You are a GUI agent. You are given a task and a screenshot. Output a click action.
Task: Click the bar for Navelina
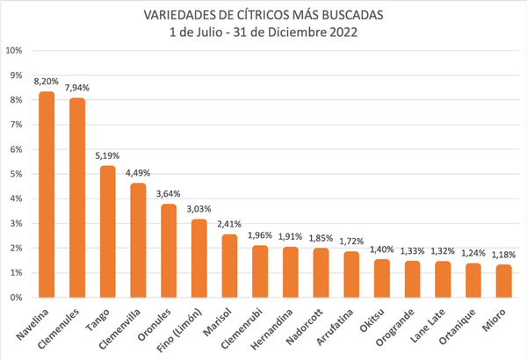tap(47, 195)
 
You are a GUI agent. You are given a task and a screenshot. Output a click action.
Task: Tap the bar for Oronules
tap(169, 251)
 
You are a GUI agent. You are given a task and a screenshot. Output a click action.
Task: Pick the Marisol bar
tap(229, 266)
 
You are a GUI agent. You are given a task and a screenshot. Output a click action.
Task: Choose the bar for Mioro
tap(503, 281)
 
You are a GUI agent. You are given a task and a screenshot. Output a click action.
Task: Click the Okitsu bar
tap(381, 278)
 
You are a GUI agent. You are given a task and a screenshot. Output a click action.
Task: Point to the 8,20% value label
tap(47, 81)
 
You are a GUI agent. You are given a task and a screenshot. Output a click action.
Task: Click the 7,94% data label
tap(77, 87)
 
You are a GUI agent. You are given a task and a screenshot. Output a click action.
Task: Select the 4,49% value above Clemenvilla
tap(138, 172)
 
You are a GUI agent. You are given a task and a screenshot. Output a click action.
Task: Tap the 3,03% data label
tap(199, 208)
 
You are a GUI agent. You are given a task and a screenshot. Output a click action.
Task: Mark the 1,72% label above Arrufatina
tap(351, 241)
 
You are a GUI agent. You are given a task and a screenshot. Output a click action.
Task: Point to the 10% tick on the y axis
tap(15, 50)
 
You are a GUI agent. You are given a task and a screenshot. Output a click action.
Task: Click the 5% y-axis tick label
tap(17, 174)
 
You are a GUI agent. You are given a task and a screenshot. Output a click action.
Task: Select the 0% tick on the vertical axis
tap(17, 298)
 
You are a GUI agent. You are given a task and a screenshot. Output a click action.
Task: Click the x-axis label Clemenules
tap(68, 325)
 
